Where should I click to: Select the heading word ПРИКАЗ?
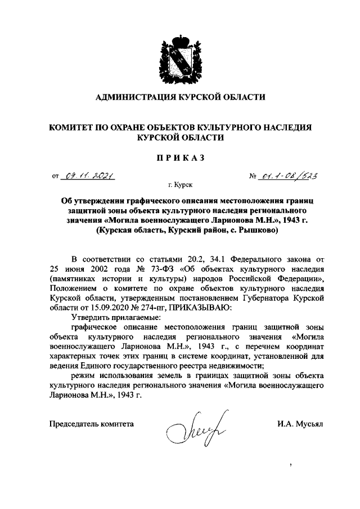[180, 158]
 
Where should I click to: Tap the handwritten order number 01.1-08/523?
[288, 177]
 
